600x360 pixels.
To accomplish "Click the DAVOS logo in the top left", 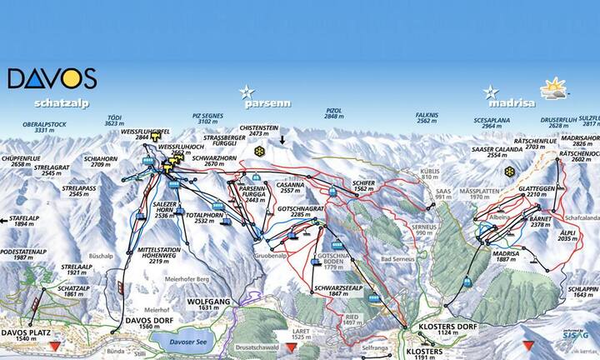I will coord(52,78).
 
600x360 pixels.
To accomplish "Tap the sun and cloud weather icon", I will coord(552,87).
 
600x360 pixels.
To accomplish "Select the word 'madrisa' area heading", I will coord(507,105).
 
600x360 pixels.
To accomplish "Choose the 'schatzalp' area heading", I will coord(62,104).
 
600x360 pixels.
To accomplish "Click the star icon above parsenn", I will coord(246,91).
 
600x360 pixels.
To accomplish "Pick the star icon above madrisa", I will coord(492,91).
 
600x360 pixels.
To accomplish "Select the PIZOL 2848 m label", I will coord(333,114).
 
